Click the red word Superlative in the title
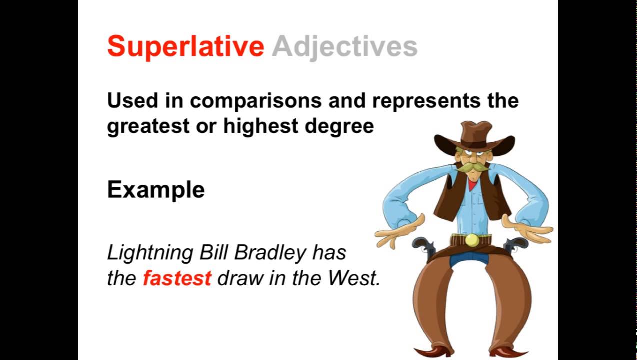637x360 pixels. (185, 47)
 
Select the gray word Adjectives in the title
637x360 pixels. (344, 47)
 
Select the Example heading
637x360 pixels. (156, 190)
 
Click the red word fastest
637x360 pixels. (177, 278)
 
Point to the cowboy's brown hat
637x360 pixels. (474, 137)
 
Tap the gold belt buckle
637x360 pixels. (471, 240)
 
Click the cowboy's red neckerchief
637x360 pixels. (472, 185)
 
